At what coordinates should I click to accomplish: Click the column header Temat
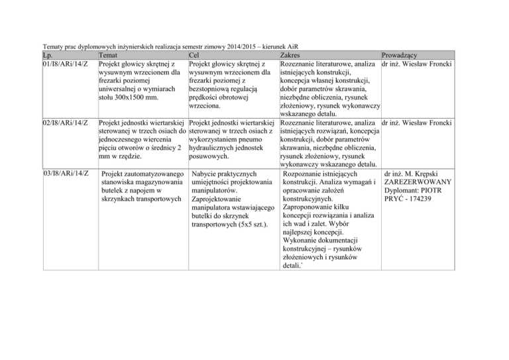click(x=110, y=55)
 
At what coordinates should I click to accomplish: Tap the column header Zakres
click(x=293, y=55)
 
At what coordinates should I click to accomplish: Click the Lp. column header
click(x=49, y=55)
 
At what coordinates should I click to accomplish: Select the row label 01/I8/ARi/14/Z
click(x=66, y=64)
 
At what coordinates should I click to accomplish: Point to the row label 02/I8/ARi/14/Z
click(x=66, y=123)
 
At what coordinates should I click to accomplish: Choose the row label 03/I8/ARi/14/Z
click(x=66, y=174)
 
